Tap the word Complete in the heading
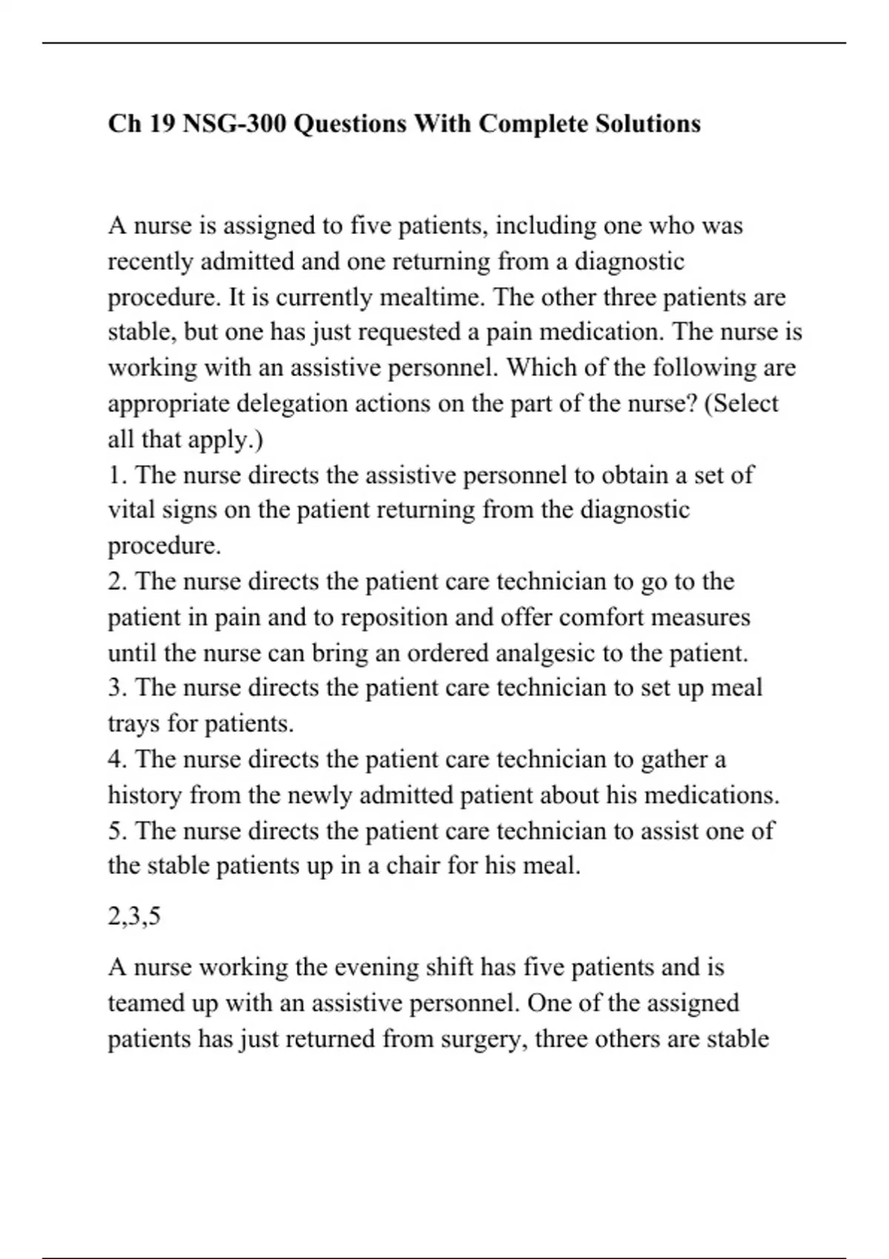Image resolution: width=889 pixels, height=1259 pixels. pos(531,123)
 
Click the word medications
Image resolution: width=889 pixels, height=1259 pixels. pos(711,795)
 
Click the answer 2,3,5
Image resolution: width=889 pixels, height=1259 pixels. pos(134,917)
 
